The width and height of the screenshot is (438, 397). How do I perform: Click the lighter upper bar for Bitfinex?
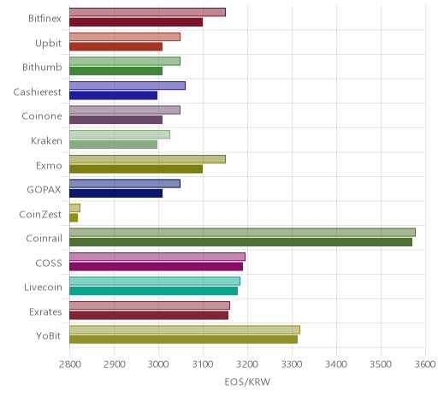[x=147, y=13]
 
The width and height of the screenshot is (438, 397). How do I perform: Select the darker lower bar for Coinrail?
[x=240, y=242]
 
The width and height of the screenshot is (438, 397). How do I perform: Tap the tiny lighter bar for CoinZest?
[x=74, y=208]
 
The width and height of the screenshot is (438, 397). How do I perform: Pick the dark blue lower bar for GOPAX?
[x=115, y=193]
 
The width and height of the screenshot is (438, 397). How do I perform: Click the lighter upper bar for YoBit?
[x=185, y=330]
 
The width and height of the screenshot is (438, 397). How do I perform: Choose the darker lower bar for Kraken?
[x=113, y=145]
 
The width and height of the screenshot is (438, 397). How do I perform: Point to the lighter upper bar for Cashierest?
[x=127, y=86]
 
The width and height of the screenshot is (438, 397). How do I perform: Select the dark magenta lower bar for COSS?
[x=156, y=267]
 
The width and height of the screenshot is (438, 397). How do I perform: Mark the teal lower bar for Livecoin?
[x=153, y=291]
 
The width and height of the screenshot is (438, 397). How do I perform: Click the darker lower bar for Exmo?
[x=136, y=169]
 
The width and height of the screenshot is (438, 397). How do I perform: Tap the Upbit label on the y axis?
[x=48, y=44]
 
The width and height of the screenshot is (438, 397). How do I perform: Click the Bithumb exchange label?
[x=42, y=68]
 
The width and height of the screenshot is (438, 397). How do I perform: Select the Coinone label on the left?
[x=42, y=116]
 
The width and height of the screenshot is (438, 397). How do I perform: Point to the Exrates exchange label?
[x=45, y=311]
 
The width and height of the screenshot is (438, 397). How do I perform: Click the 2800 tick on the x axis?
[x=70, y=364]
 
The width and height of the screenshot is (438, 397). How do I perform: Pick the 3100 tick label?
[x=203, y=364]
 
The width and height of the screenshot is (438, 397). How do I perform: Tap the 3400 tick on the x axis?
[x=336, y=364]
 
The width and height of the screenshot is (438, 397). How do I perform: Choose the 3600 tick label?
[x=425, y=364]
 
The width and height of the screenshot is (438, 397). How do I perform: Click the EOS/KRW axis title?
[x=247, y=382]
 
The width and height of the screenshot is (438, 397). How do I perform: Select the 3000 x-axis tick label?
[x=158, y=364]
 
